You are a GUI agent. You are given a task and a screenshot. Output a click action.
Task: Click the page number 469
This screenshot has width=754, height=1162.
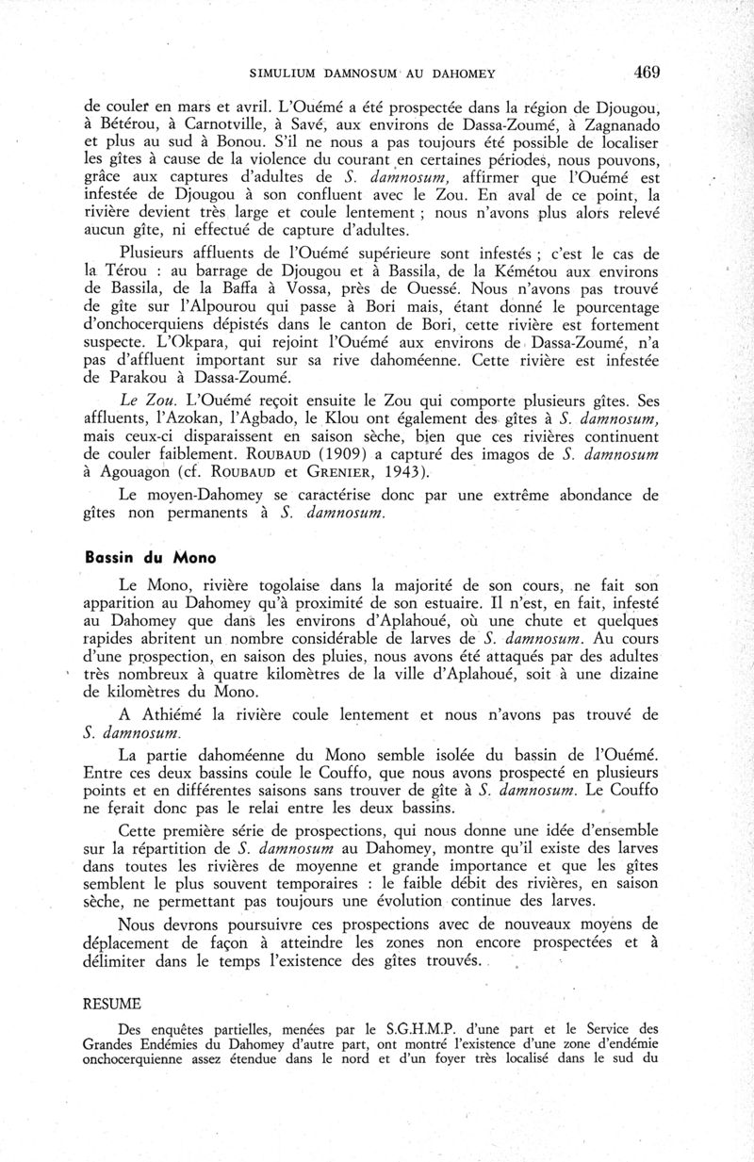click(x=647, y=72)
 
